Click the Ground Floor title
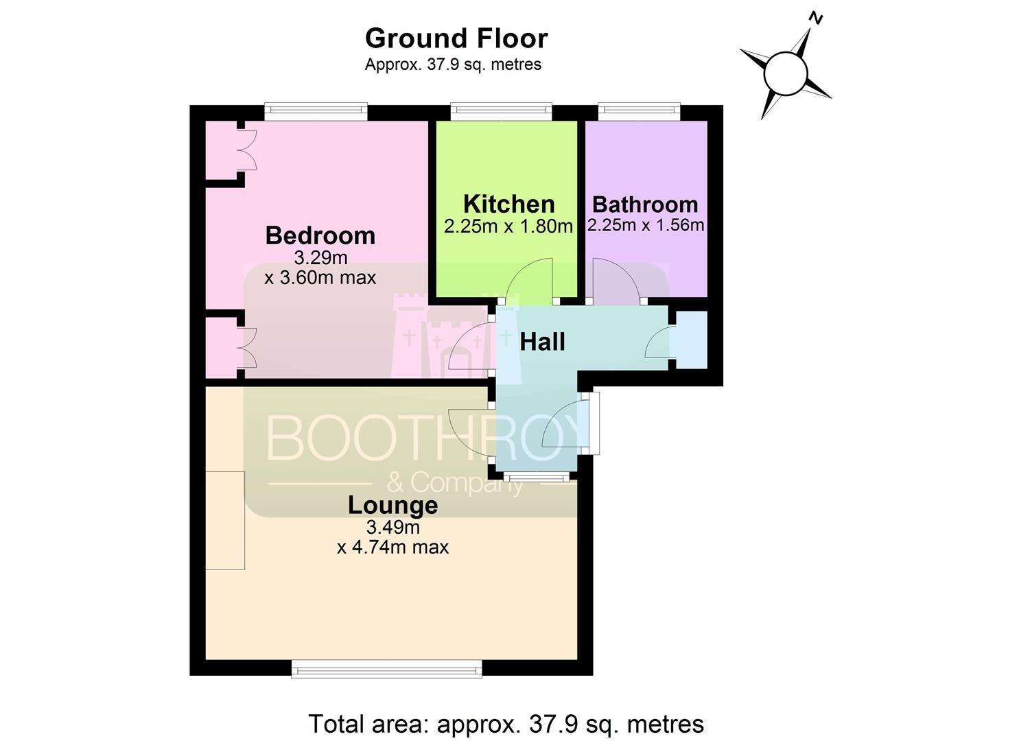coord(456,38)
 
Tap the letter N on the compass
coord(816,19)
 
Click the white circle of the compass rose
coord(786,73)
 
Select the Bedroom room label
coord(320,236)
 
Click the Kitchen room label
coord(509,204)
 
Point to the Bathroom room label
coord(645,204)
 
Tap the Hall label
coord(542,342)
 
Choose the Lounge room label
coord(393,506)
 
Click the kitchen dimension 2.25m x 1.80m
coord(508,226)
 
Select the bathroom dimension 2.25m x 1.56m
coord(646,225)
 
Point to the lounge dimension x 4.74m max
coord(393,547)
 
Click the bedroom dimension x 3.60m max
coord(320,277)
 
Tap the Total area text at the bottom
coord(506,724)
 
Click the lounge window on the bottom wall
coord(387,669)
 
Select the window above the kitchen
coord(502,113)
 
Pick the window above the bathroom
coord(639,113)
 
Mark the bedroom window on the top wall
coord(316,113)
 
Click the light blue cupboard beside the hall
coord(692,340)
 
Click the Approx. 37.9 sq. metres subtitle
coord(453,64)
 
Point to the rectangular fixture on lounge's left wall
coord(225,520)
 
